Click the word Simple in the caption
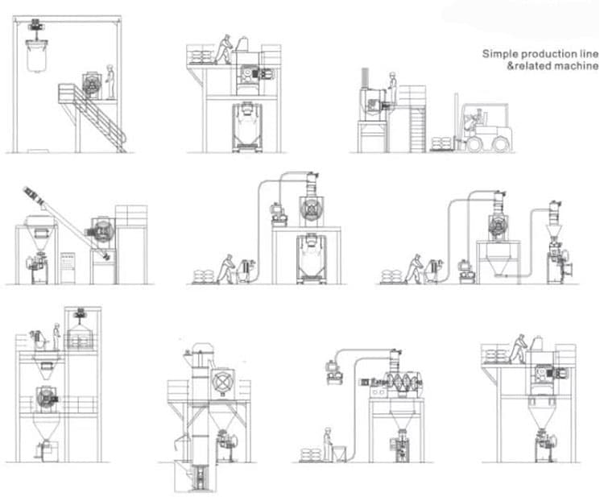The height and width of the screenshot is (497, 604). click(x=499, y=54)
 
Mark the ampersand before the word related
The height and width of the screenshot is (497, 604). click(x=507, y=66)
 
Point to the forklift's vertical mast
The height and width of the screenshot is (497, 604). click(x=457, y=121)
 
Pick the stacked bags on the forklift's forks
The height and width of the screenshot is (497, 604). click(x=441, y=143)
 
